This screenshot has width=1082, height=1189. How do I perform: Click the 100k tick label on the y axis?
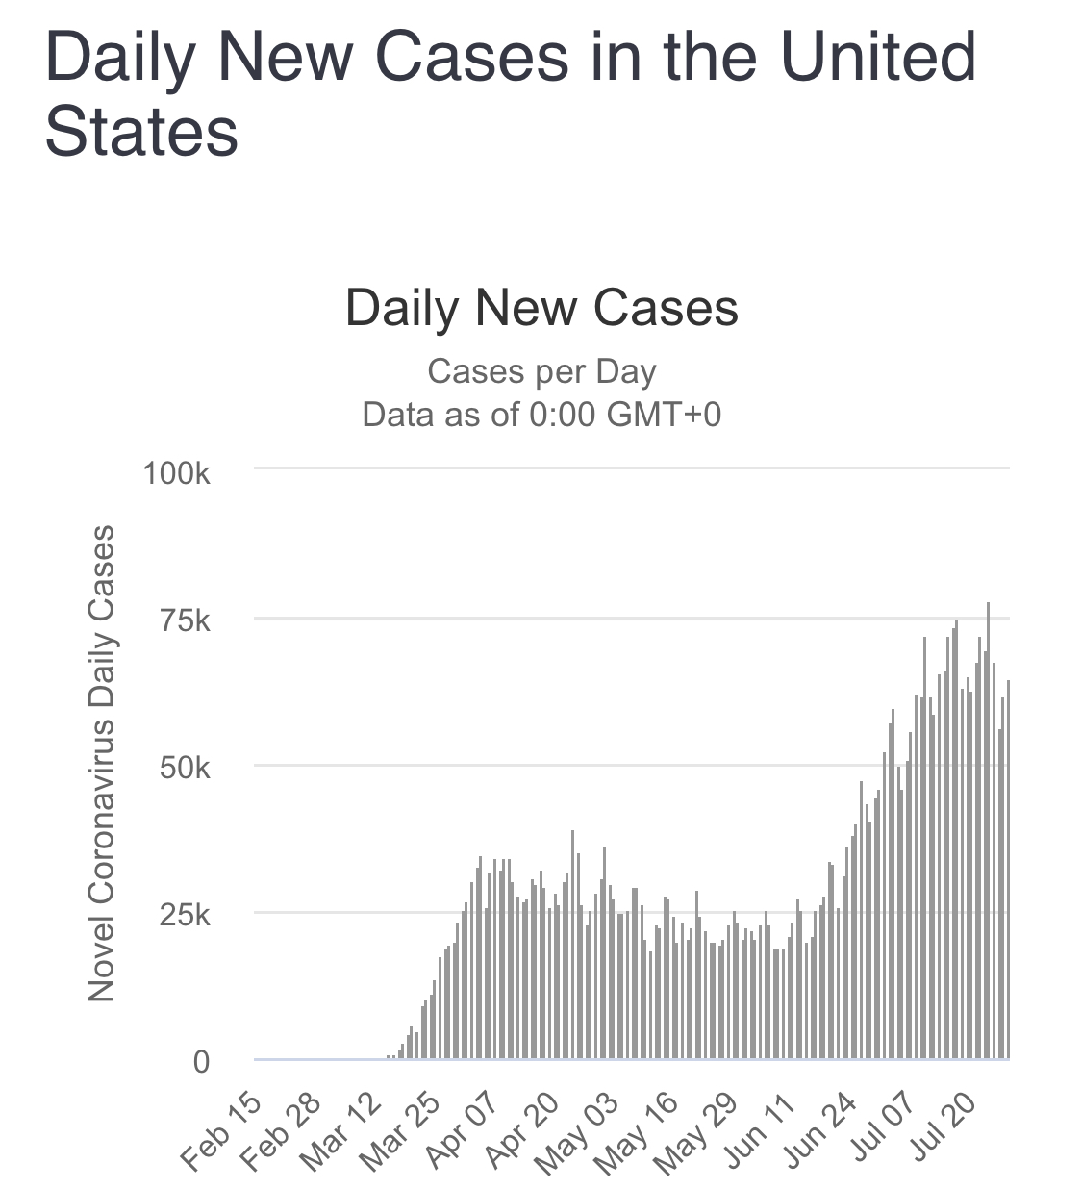[x=176, y=473]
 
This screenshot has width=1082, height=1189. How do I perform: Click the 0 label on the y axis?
[x=201, y=1062]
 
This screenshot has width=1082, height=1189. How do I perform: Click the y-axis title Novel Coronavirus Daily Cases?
[x=101, y=763]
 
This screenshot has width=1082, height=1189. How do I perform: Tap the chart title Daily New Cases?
[x=541, y=309]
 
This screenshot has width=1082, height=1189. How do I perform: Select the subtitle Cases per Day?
[x=541, y=371]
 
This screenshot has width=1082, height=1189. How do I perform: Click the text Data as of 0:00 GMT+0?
[x=541, y=415]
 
